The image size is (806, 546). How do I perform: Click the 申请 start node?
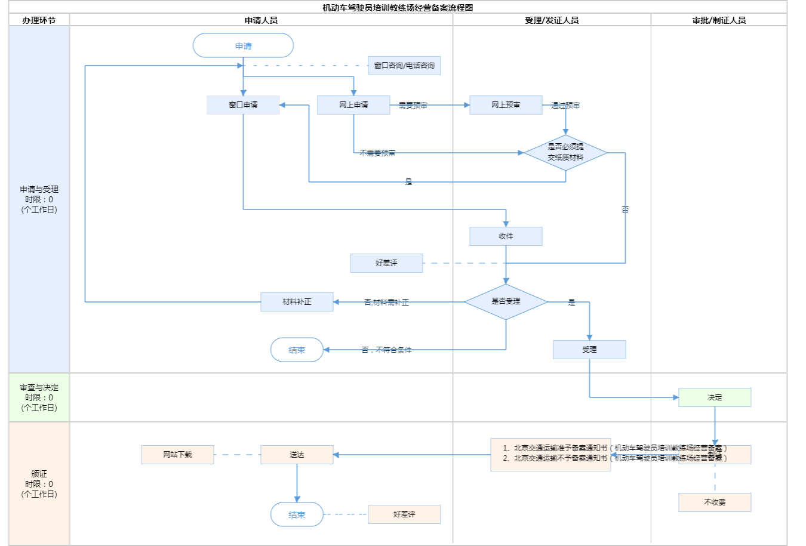click(243, 46)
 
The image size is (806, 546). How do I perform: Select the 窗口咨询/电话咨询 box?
click(404, 66)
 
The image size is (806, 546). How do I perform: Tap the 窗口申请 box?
click(243, 105)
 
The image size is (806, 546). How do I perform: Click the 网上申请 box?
click(353, 105)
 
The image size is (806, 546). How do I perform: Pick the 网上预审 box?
click(506, 105)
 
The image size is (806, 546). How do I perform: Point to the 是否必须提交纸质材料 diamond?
click(565, 153)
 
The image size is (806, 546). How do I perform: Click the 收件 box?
click(506, 236)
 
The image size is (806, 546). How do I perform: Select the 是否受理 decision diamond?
click(506, 302)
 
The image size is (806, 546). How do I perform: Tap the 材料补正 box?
click(297, 302)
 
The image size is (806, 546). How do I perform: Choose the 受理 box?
click(589, 350)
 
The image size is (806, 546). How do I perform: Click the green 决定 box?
click(715, 397)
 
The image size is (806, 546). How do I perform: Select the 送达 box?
click(297, 455)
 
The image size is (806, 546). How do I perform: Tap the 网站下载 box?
click(177, 455)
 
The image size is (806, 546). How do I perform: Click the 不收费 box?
click(715, 502)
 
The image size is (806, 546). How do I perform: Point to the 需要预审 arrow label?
click(413, 106)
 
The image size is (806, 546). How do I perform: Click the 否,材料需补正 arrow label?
click(386, 303)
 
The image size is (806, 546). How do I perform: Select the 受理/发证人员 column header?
click(552, 20)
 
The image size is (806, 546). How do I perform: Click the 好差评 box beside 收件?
click(386, 263)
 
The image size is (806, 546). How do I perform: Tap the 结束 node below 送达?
click(297, 514)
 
